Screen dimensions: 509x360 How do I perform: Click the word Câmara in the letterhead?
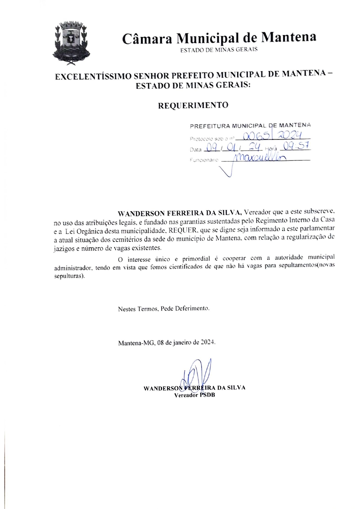click(147, 39)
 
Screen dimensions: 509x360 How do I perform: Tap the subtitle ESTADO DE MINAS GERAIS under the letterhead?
click(219, 50)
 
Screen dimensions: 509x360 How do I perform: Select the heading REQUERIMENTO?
click(193, 105)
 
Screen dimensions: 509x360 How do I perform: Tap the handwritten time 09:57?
click(296, 146)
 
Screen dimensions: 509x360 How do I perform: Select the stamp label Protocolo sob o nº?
click(211, 139)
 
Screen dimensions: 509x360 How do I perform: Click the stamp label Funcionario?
click(204, 160)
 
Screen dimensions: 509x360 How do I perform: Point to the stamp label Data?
click(195, 150)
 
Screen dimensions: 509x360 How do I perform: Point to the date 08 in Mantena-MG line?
click(161, 342)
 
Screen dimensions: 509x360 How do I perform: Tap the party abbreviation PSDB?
click(207, 395)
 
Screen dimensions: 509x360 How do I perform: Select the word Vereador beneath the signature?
click(186, 395)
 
